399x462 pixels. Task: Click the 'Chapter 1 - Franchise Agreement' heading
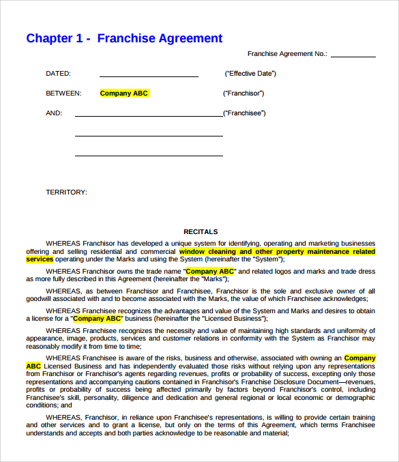click(x=124, y=38)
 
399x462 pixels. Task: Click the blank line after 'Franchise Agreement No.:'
click(x=353, y=56)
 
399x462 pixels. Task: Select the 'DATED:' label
click(x=58, y=74)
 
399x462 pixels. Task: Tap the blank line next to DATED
click(x=149, y=75)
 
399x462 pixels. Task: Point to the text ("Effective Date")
click(x=250, y=74)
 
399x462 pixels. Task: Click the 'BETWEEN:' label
click(x=63, y=93)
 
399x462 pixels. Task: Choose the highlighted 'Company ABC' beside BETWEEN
click(x=124, y=93)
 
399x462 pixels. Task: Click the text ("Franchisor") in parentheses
click(x=243, y=93)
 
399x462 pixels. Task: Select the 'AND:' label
click(x=54, y=113)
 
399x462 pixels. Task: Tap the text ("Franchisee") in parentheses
click(x=245, y=113)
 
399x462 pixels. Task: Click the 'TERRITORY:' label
click(x=66, y=192)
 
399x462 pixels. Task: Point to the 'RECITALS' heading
click(x=201, y=232)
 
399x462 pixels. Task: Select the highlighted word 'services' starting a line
click(x=40, y=259)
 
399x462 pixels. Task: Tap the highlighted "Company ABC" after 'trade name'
click(x=210, y=271)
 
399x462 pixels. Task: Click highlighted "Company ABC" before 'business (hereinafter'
click(x=97, y=318)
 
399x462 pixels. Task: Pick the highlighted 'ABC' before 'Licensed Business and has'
click(x=33, y=366)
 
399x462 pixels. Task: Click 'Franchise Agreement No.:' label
click(x=287, y=53)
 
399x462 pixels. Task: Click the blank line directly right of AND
click(x=149, y=115)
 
